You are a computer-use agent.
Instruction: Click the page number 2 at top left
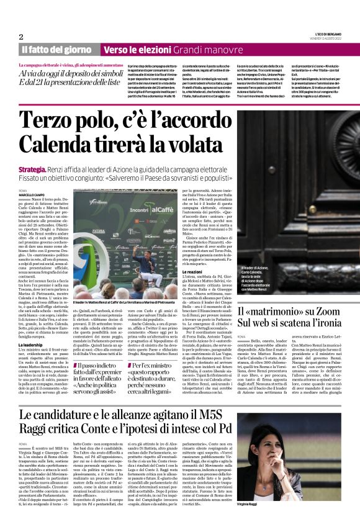coord(21,37)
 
